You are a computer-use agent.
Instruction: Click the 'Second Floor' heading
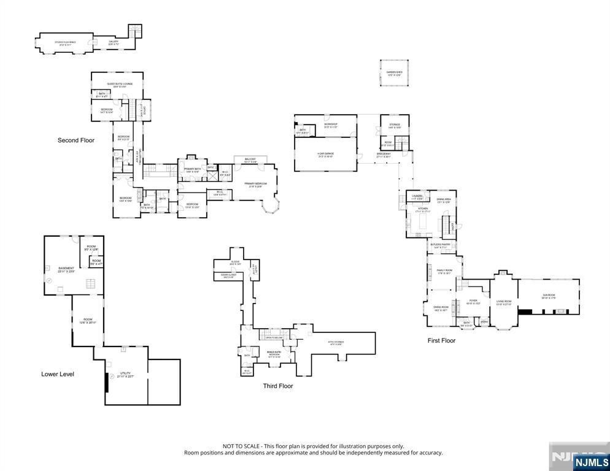(x=76, y=140)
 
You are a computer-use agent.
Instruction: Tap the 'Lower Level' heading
(x=58, y=373)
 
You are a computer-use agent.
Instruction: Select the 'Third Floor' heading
(x=278, y=386)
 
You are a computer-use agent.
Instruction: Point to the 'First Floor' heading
(x=441, y=340)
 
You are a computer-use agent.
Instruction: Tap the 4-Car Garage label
(x=325, y=154)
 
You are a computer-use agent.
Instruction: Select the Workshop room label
(x=331, y=124)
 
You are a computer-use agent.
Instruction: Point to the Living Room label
(x=504, y=302)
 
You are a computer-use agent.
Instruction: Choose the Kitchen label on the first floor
(x=423, y=210)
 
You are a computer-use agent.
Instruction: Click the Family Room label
(x=444, y=272)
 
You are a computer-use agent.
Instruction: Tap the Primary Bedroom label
(x=255, y=185)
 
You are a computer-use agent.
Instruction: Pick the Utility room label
(x=125, y=374)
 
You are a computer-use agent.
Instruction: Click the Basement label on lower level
(x=66, y=269)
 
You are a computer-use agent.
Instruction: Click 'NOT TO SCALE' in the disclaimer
(x=241, y=446)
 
